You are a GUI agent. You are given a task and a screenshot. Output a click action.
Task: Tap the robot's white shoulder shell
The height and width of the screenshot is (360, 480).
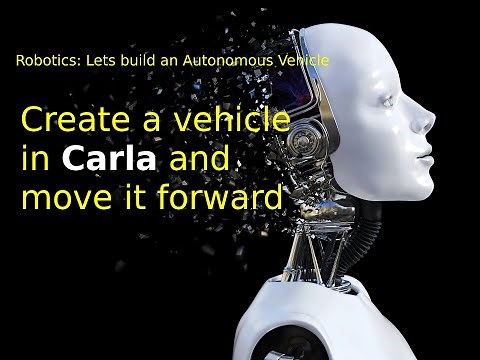330,320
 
